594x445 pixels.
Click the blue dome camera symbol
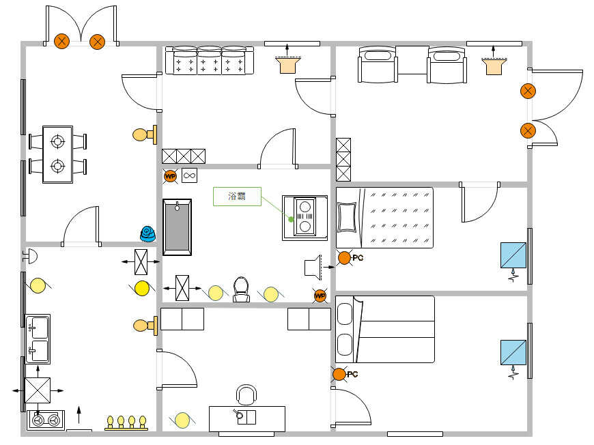click(x=147, y=233)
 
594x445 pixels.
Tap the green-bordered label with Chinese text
click(x=237, y=196)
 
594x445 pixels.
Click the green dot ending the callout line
click(x=291, y=219)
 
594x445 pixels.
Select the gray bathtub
click(x=177, y=227)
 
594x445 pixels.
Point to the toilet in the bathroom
click(x=241, y=289)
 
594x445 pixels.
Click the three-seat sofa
click(x=210, y=60)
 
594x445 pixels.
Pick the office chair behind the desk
click(x=246, y=395)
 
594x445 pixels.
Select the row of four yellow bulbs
click(x=126, y=423)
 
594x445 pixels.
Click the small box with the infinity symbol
click(x=189, y=175)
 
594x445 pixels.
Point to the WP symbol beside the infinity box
click(x=170, y=176)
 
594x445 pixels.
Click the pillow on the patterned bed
click(x=347, y=218)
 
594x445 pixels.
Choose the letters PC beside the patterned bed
click(x=358, y=258)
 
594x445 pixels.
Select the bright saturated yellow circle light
click(x=142, y=288)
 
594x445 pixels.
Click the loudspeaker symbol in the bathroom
click(x=313, y=267)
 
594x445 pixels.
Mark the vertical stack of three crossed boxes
click(x=343, y=160)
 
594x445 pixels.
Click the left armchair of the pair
click(x=378, y=64)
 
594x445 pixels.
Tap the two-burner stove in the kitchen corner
click(x=46, y=420)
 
